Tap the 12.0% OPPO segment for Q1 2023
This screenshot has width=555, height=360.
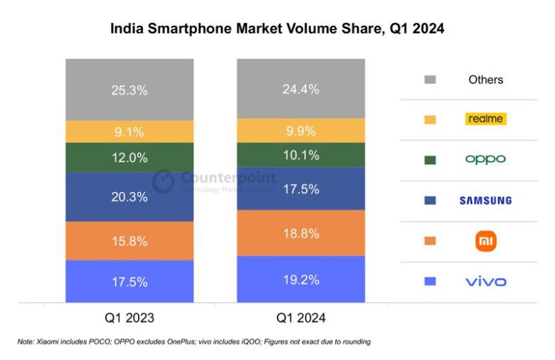[x=129, y=157]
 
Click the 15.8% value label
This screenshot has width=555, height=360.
[x=129, y=241]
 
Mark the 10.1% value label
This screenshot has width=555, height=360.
[x=300, y=155]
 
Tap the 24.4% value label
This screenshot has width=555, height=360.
[x=300, y=90]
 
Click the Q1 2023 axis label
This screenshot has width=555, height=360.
[x=129, y=317]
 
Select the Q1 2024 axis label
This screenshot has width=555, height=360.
[x=300, y=317]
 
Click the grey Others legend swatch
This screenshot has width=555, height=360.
[x=429, y=80]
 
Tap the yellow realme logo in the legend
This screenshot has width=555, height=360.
[x=486, y=119]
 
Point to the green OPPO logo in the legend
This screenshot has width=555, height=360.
[x=485, y=159]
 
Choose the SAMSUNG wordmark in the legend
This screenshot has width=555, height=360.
[x=485, y=201]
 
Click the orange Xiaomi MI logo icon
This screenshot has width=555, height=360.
[x=486, y=241]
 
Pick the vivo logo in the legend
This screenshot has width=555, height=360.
[x=486, y=282]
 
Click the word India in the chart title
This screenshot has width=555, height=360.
[x=125, y=29]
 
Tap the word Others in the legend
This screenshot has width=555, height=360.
[x=486, y=80]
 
